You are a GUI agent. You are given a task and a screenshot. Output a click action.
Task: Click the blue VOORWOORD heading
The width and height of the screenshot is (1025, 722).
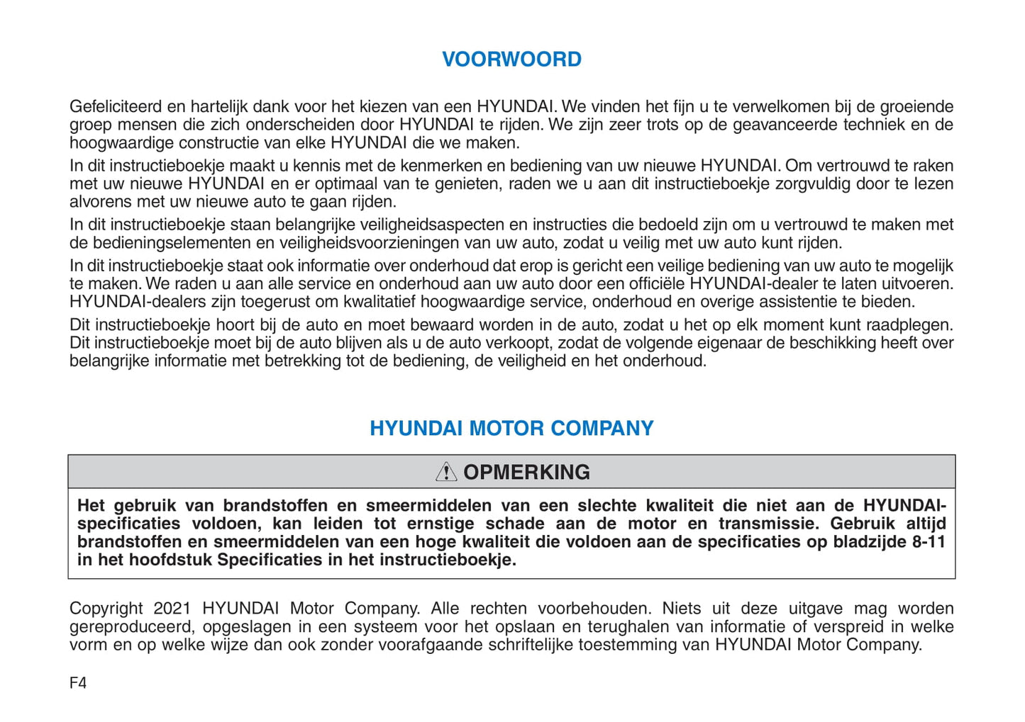click(x=511, y=60)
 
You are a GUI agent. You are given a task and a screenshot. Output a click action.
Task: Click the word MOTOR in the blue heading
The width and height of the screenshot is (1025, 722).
click(x=506, y=429)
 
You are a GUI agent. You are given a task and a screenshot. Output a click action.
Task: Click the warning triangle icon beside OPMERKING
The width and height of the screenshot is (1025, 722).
click(x=446, y=472)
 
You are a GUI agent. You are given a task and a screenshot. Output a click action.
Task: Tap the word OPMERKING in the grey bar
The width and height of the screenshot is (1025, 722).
click(x=526, y=473)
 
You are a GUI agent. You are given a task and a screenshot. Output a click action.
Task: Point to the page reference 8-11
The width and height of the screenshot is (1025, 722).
click(x=929, y=542)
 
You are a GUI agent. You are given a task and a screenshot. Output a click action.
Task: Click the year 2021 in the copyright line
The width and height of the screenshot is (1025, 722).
click(x=172, y=609)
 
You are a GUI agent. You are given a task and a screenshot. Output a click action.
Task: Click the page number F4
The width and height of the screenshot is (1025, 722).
click(x=78, y=683)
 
